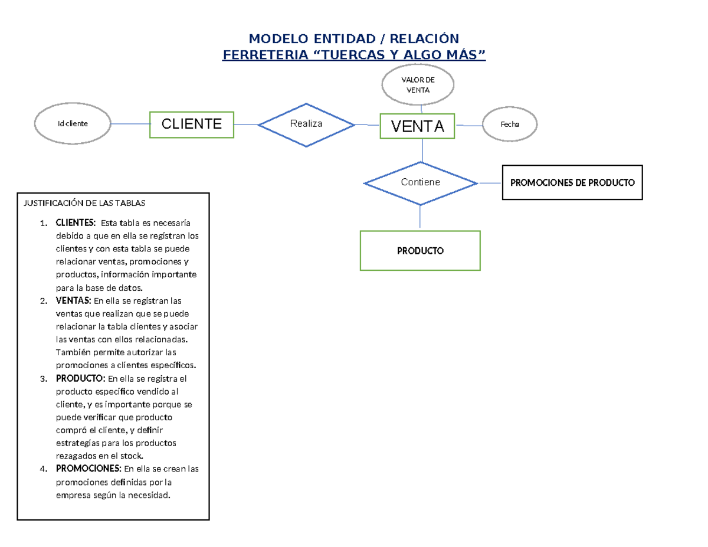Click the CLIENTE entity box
pyautogui.click(x=192, y=124)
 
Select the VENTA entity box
pyautogui.click(x=417, y=126)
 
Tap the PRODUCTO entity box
pyautogui.click(x=420, y=251)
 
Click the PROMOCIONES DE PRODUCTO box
pyautogui.click(x=572, y=182)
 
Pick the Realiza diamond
pyautogui.click(x=306, y=124)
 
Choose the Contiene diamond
pyautogui.click(x=420, y=182)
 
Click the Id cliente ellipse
pyautogui.click(x=73, y=124)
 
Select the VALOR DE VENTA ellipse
pyautogui.click(x=418, y=85)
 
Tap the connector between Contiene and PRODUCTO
pyautogui.click(x=420, y=217)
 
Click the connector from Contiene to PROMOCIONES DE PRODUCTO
pyautogui.click(x=490, y=183)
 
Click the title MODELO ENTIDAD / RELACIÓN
pyautogui.click(x=353, y=39)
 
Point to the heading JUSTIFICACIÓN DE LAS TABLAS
pyautogui.click(x=84, y=203)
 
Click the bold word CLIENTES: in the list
pyautogui.click(x=74, y=223)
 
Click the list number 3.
pyautogui.click(x=43, y=379)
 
